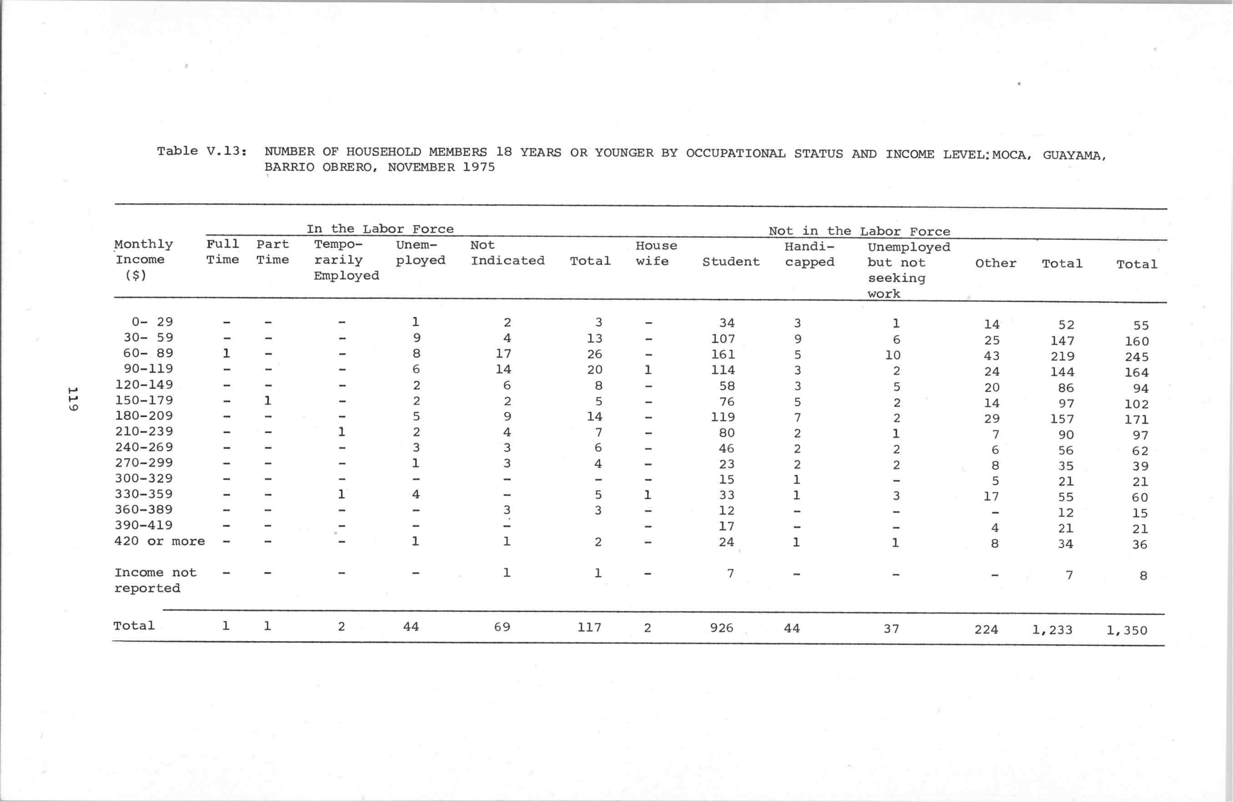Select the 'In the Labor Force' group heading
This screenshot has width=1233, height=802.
tap(380, 228)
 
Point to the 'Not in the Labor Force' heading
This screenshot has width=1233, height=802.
tap(859, 231)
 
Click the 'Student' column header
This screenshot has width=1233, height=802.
tap(730, 262)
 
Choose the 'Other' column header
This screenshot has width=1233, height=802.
tap(995, 264)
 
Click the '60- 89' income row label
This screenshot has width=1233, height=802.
tap(148, 353)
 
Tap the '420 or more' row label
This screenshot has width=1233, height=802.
tap(160, 541)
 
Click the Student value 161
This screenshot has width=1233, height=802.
tap(723, 355)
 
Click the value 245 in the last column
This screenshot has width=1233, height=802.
tap(1137, 357)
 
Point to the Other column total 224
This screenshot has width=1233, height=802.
tap(986, 629)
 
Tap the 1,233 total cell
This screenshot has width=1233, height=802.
tap(1052, 630)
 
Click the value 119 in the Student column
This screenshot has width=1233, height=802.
tap(723, 417)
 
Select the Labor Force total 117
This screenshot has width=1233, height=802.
tap(589, 627)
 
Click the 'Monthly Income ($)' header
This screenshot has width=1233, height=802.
tap(143, 259)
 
